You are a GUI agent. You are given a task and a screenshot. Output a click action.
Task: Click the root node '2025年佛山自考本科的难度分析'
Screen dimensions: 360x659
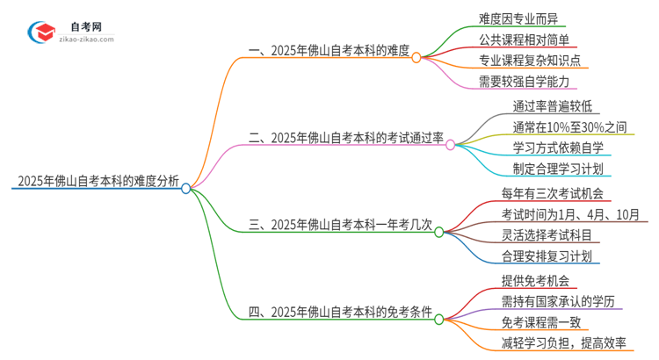(x=98, y=183)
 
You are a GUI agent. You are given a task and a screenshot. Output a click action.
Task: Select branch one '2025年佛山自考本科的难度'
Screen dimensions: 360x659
(x=329, y=51)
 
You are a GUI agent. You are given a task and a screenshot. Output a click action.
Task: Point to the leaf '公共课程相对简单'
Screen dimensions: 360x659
(x=524, y=40)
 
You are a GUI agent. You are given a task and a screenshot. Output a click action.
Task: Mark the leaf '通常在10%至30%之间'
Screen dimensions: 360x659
(x=570, y=126)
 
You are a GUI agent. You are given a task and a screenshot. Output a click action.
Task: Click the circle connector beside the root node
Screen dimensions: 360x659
(x=186, y=188)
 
